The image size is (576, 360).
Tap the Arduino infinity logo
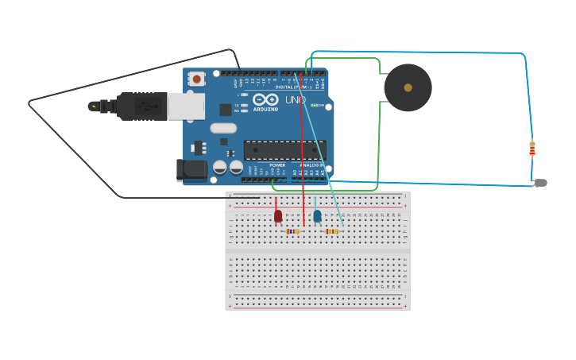(x=265, y=100)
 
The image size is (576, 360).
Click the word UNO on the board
(x=295, y=100)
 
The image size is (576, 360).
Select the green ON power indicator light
(x=316, y=105)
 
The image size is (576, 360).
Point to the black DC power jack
(x=191, y=169)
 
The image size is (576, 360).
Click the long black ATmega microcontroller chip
(x=284, y=149)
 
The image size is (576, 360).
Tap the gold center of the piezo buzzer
(x=408, y=87)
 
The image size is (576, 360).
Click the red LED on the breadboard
(x=278, y=215)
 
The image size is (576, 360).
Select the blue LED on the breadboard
(x=317, y=215)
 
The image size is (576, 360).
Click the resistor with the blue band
(x=292, y=231)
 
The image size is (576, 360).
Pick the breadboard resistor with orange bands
(x=332, y=231)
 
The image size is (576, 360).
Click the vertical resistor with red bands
(x=532, y=149)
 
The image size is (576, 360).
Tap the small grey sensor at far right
(x=541, y=183)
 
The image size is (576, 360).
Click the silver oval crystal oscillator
(x=224, y=128)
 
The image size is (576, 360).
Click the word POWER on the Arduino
(x=276, y=165)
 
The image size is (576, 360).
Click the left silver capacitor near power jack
(x=220, y=167)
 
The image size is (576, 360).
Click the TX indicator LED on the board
(x=244, y=105)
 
